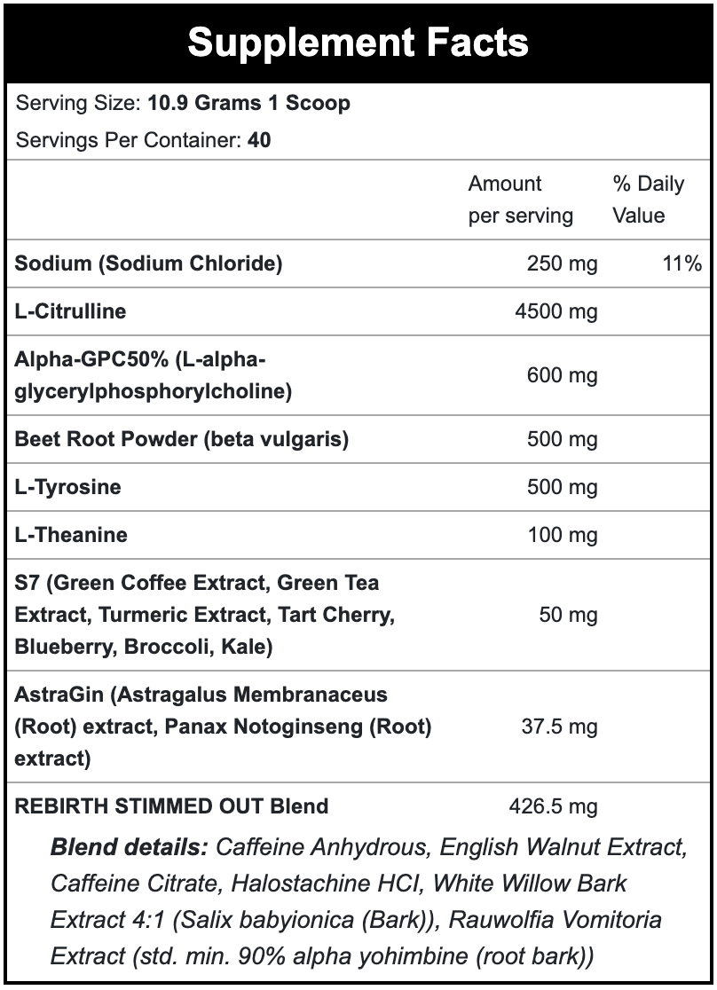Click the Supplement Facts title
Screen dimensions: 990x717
358,43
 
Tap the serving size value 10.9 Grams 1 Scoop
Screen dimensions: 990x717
248,103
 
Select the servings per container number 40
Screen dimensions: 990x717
260,140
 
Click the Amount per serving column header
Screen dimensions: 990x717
520,200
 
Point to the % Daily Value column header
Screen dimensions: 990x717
648,200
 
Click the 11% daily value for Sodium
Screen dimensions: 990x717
682,263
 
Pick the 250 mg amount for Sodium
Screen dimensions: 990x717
562,263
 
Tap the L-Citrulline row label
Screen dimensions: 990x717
71,311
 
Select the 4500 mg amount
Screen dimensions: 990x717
556,311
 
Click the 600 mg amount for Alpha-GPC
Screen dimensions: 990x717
562,375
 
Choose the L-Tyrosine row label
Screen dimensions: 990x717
68,487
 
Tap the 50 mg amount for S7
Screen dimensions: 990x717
568,615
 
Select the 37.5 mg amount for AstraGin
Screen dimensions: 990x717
558,727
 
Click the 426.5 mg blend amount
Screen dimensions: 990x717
553,806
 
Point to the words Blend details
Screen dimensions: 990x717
129,847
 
